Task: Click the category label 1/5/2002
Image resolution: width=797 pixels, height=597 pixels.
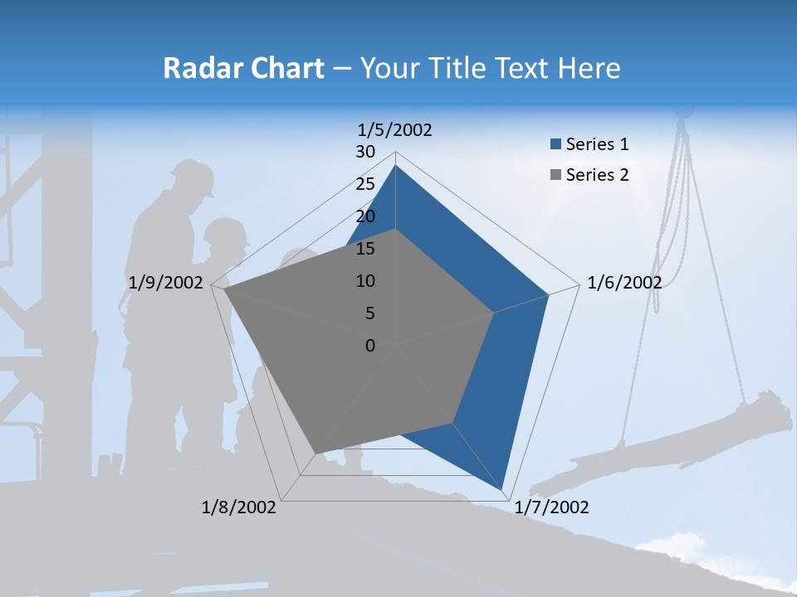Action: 395,130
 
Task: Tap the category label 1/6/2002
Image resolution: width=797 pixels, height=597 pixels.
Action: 624,283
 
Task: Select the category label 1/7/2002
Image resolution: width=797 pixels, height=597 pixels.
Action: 551,507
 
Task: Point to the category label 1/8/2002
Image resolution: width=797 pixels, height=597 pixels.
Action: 239,507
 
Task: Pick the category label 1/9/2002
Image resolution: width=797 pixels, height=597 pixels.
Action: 166,283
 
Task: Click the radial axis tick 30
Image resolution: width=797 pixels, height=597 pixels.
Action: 365,152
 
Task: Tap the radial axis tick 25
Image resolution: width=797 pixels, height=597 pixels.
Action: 365,184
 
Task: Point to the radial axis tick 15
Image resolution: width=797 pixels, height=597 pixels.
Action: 365,249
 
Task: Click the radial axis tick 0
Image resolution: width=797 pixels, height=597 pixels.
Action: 370,346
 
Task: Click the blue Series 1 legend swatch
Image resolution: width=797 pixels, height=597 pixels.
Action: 555,145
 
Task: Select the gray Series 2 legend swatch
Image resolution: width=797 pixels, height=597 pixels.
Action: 555,176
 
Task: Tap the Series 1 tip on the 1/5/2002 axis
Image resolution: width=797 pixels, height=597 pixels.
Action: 395,166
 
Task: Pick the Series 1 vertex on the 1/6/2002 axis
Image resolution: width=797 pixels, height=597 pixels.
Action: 549,294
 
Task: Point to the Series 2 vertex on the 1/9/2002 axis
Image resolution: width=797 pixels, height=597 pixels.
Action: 225,289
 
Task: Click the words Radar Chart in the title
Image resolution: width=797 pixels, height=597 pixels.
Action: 243,68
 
